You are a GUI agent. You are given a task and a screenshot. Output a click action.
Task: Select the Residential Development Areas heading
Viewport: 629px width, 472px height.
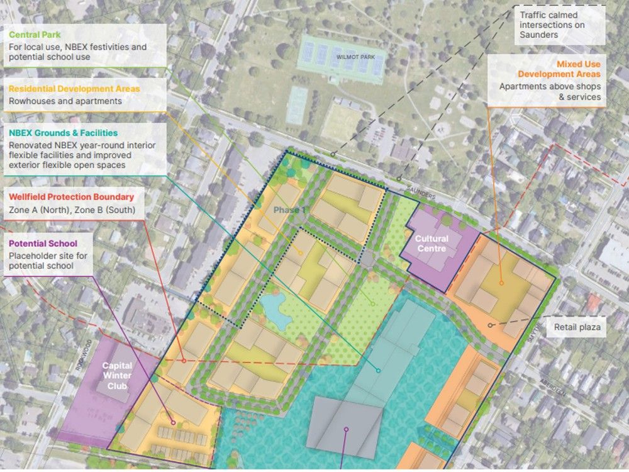(x=74, y=89)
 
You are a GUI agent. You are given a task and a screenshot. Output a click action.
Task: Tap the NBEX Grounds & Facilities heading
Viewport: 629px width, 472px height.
(x=63, y=133)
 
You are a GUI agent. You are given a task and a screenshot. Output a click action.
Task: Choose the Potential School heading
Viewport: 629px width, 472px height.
(x=43, y=244)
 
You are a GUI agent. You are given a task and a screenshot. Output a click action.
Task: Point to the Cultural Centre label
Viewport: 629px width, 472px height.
(x=431, y=244)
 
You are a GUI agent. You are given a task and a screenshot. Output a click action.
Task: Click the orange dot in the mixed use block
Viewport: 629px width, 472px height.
(x=501, y=283)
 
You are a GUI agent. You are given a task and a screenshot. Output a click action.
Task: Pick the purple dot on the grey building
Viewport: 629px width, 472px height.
(x=346, y=430)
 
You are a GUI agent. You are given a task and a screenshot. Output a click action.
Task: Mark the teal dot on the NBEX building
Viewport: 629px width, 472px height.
(x=378, y=370)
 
